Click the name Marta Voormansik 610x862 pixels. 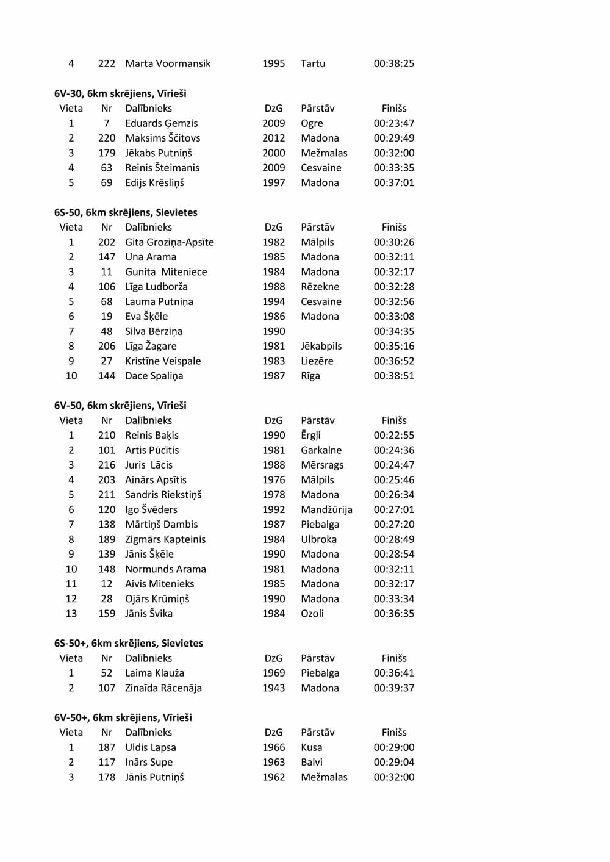point(168,63)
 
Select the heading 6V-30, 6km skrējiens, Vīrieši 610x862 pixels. point(120,93)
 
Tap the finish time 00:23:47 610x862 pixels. point(393,123)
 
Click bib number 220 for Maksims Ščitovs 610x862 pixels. point(107,138)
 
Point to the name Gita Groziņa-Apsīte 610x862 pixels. point(170,242)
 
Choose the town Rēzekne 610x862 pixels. point(320,287)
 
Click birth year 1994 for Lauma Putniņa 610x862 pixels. point(273,301)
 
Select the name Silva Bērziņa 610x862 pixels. point(154,331)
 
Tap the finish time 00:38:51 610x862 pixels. point(393,376)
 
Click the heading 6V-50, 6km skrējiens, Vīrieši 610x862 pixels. point(120,406)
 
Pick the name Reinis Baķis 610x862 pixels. point(152,435)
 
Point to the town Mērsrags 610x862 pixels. point(322,465)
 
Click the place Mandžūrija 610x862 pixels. point(326,509)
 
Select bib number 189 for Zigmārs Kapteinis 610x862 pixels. point(107,539)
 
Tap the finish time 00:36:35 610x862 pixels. point(393,614)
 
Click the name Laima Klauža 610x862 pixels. point(154,673)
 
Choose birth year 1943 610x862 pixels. point(273,688)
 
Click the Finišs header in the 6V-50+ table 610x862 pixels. point(394,732)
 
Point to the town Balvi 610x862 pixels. point(312,762)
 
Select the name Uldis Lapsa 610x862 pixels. point(151,747)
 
